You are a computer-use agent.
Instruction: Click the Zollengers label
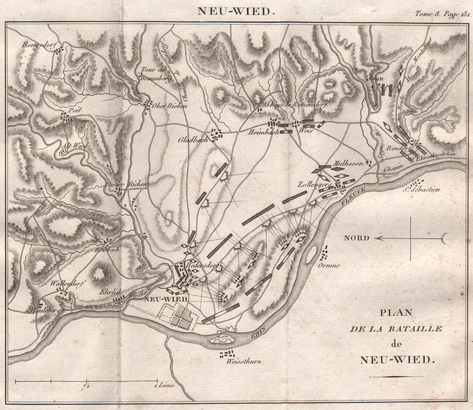(x=313, y=184)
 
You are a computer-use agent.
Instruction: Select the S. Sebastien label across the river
(x=421, y=190)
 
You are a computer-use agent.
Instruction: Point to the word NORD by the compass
(x=356, y=238)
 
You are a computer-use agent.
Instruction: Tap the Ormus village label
(x=329, y=266)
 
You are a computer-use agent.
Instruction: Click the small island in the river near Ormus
(x=311, y=254)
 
